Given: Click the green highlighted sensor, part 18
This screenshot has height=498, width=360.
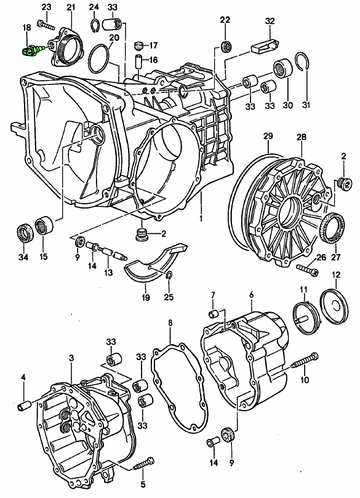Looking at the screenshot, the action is point(31,51).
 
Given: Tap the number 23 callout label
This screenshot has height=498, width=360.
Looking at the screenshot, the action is point(46,7).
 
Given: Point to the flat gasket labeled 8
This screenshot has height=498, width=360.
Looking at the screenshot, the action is point(179,386).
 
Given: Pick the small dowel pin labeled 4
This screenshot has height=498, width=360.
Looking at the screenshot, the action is point(24,406).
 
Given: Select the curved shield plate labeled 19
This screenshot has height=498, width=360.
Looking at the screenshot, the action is point(156,263).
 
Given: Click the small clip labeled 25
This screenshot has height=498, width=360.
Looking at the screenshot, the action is point(169,275).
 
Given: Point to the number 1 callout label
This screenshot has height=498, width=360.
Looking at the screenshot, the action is point(201,219).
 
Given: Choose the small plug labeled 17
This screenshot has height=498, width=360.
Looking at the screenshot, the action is point(137,46).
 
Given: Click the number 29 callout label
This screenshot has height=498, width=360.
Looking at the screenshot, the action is point(268,137).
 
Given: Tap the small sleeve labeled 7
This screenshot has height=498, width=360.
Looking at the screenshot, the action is point(213,315).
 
